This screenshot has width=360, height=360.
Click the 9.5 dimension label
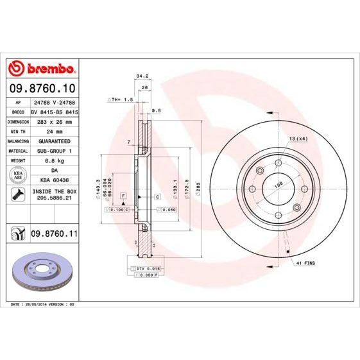157,110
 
